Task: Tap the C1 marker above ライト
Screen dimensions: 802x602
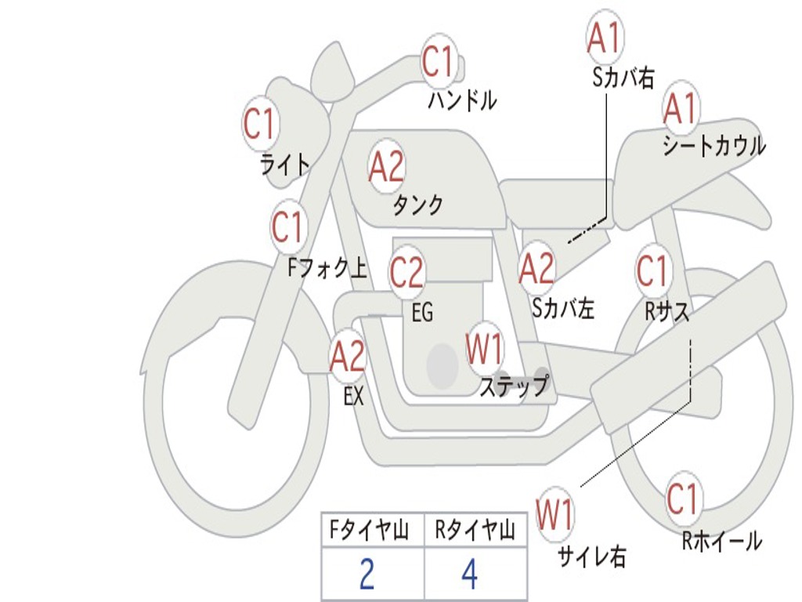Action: (x=260, y=123)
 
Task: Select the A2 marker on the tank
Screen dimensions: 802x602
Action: (x=387, y=167)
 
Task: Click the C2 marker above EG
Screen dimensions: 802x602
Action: (x=407, y=271)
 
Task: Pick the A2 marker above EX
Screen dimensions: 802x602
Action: (x=348, y=356)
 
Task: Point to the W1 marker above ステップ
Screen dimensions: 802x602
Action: (x=484, y=348)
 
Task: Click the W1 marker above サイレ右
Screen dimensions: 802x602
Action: (x=555, y=514)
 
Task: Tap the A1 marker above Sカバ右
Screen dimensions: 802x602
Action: (x=605, y=38)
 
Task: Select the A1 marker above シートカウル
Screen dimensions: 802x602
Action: (x=681, y=108)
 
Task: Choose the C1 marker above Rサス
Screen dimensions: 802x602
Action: (x=653, y=270)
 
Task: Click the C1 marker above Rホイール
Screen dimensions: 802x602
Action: (x=683, y=499)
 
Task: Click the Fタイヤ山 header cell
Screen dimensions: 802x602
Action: (x=373, y=530)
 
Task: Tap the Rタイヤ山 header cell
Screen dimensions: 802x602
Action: (x=475, y=530)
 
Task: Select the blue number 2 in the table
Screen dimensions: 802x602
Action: (x=367, y=573)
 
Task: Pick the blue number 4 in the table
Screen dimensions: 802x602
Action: (x=470, y=573)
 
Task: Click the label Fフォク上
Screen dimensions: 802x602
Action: (x=327, y=268)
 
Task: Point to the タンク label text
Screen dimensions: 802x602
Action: (x=418, y=205)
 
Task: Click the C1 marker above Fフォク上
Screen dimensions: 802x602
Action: (x=288, y=227)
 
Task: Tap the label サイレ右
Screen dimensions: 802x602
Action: (x=592, y=556)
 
